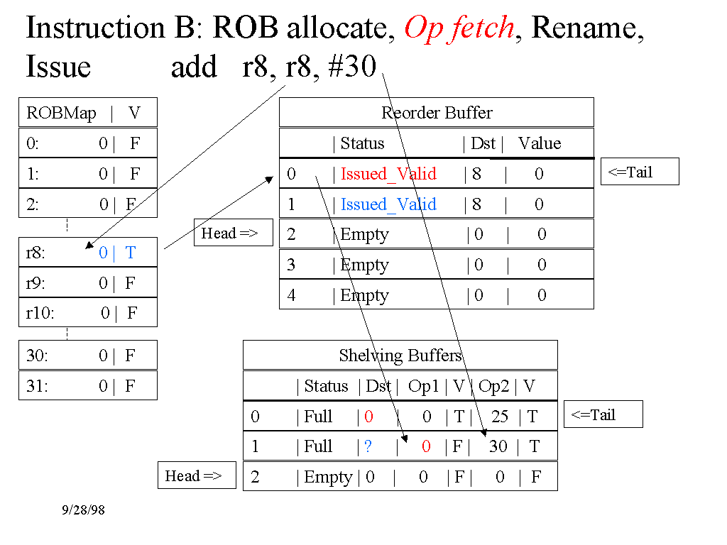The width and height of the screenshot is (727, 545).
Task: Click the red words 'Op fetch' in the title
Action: pos(459,28)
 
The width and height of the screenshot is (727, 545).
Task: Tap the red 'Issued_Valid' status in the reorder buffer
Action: pos(388,174)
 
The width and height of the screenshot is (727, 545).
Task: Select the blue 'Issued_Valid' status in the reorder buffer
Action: pos(388,204)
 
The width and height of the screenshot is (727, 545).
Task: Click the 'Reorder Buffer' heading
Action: pos(437,113)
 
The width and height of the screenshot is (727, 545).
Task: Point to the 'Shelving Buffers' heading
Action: pos(400,356)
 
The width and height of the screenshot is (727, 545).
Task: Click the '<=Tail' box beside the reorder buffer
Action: pos(639,172)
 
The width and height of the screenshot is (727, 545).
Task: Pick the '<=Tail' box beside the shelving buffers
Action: pos(603,415)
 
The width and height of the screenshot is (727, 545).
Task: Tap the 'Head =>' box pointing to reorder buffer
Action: pos(233,233)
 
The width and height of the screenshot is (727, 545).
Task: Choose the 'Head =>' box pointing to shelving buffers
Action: pos(196,475)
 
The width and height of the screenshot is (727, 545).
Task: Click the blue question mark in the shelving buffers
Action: pos(368,446)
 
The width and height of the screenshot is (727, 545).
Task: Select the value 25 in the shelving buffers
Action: pos(500,417)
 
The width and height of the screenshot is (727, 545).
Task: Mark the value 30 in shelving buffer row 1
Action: pos(498,446)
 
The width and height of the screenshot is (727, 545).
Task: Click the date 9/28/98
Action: pos(84,510)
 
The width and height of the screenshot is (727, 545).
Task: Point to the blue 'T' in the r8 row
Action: pos(130,253)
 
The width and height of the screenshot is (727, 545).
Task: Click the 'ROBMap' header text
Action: pos(61,114)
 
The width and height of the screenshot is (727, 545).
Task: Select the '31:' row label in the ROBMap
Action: pos(37,386)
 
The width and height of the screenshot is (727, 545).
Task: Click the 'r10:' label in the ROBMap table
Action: pos(40,313)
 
